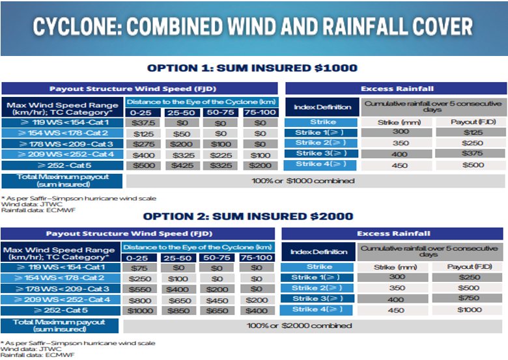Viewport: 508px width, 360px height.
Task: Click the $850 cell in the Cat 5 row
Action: click(178, 310)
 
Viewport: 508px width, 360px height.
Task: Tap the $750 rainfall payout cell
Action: click(465, 299)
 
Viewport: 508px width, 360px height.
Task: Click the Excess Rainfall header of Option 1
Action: click(397, 89)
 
